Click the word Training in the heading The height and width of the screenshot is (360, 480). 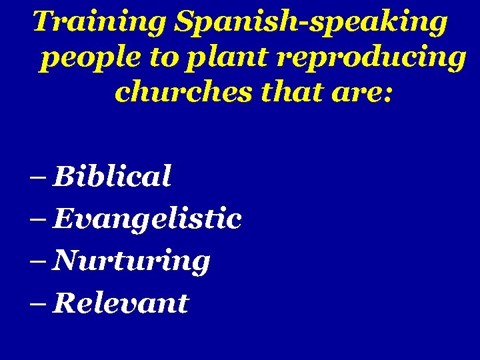click(x=100, y=23)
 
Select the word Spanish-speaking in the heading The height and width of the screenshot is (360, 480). click(x=311, y=23)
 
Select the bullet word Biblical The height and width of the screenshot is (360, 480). click(x=112, y=177)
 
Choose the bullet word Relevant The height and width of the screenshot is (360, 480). click(x=121, y=303)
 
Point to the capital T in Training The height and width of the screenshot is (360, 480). click(x=45, y=21)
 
